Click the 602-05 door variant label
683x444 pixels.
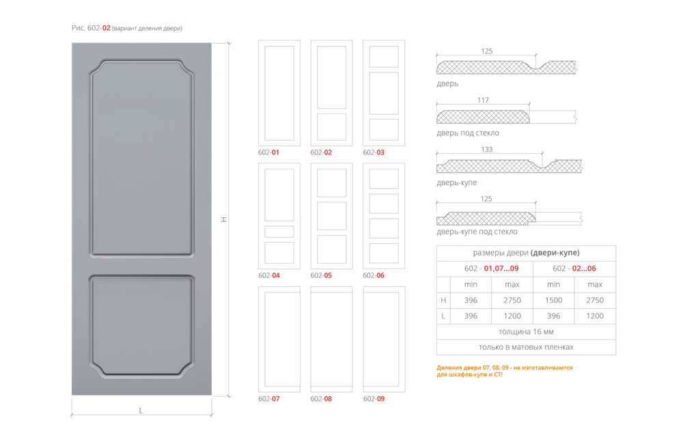click(321, 275)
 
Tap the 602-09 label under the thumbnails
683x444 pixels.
click(374, 399)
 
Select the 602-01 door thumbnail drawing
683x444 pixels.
click(279, 94)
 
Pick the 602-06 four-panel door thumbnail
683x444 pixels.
click(384, 216)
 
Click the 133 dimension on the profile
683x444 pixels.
click(486, 150)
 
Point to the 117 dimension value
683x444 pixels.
click(483, 100)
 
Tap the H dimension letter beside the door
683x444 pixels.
click(224, 219)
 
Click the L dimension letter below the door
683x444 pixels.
click(141, 411)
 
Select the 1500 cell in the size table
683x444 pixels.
click(553, 300)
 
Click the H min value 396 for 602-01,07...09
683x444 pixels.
click(471, 300)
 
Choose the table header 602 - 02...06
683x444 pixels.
click(574, 268)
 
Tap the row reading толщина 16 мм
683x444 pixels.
click(526, 331)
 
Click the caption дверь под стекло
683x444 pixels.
click(468, 133)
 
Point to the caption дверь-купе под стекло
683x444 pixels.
click(477, 232)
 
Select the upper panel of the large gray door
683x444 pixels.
click(141, 158)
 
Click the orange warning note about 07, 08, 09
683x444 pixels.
click(505, 371)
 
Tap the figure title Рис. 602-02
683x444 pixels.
click(91, 28)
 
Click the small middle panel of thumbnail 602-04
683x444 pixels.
click(279, 232)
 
